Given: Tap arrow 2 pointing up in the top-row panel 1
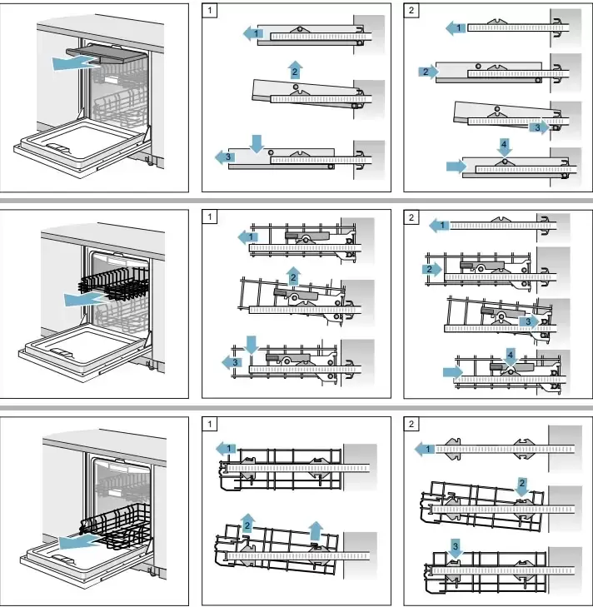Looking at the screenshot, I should (295, 70).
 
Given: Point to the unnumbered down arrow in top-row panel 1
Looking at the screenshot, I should (257, 142).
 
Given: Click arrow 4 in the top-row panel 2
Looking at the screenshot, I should (504, 145).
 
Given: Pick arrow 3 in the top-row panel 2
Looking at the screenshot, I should (539, 128).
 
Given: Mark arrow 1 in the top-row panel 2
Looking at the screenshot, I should (455, 28).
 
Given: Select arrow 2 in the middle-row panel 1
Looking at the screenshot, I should (293, 276).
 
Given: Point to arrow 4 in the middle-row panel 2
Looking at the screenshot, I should (511, 355).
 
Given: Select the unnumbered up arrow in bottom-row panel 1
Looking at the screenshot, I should (315, 530).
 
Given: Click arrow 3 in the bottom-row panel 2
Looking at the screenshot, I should (455, 546).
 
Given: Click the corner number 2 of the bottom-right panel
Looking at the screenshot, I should (411, 425).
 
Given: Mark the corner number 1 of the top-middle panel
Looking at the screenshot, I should (210, 11).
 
